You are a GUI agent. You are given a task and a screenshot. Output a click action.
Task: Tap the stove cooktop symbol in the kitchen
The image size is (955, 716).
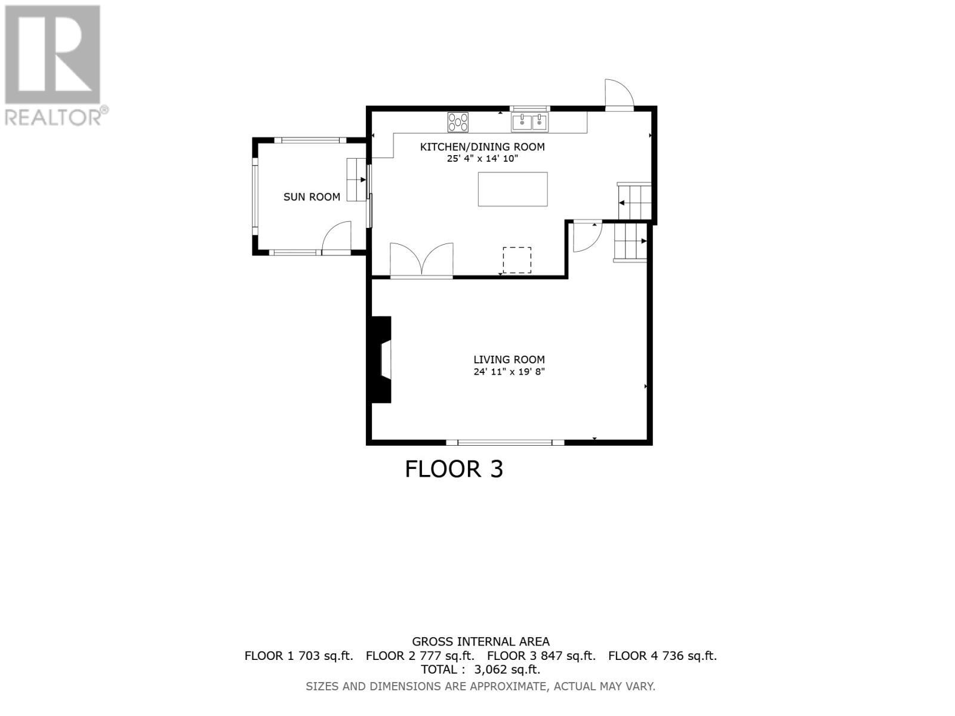(458, 122)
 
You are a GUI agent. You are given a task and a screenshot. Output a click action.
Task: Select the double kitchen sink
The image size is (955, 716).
(529, 122)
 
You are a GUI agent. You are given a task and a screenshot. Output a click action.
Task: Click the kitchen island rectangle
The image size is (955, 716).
(513, 189)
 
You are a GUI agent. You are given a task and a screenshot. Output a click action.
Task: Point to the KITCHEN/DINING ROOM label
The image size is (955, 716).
(482, 147)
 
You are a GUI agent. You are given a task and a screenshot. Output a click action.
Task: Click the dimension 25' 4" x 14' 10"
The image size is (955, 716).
(482, 159)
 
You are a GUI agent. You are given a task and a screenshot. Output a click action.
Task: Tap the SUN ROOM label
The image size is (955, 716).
(312, 197)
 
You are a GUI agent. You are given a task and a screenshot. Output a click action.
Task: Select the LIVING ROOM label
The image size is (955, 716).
(509, 360)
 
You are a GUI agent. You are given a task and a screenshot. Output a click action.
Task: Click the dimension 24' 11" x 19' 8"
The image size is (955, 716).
(509, 372)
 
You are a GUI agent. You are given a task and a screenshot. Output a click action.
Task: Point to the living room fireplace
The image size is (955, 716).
(381, 360)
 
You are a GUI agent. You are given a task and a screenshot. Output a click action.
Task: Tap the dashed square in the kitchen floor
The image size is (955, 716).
(517, 260)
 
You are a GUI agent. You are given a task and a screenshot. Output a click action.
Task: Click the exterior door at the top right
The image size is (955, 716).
(618, 94)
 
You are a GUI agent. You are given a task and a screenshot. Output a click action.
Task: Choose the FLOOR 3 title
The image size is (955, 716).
(454, 469)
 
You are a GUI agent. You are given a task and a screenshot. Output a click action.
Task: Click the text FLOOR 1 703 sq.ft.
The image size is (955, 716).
(298, 656)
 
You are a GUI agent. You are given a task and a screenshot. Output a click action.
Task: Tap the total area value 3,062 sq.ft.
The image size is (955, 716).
(507, 669)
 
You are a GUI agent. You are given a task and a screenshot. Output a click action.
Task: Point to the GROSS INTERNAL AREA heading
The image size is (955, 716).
(480, 642)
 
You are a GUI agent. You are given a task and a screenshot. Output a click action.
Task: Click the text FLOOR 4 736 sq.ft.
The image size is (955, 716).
(663, 656)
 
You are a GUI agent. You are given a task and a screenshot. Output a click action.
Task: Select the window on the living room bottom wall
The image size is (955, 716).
(505, 442)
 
